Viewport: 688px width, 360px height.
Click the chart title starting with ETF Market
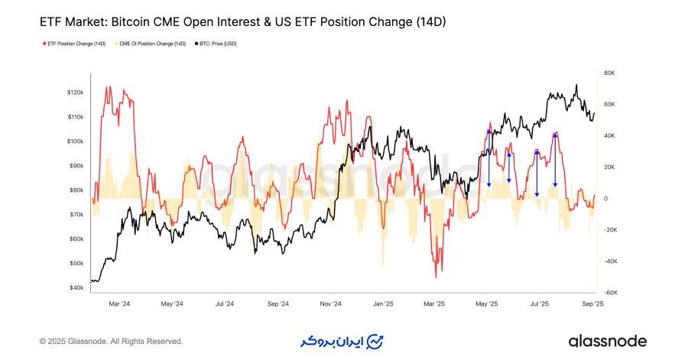[x=242, y=23]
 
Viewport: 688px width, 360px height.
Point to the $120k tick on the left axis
[x=75, y=92]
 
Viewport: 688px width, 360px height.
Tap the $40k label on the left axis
[x=76, y=288]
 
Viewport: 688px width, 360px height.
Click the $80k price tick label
[x=76, y=190]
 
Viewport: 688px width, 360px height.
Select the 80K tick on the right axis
[x=608, y=73]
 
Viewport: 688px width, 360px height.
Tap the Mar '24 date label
[x=119, y=303]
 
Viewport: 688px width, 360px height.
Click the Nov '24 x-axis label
[x=329, y=303]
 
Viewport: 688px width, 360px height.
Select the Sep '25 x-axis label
[x=592, y=303]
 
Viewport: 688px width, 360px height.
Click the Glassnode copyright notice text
[x=111, y=341]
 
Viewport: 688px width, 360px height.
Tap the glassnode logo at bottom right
[x=607, y=341]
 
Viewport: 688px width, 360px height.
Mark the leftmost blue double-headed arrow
[x=489, y=158]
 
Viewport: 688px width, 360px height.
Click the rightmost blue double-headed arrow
[x=555, y=160]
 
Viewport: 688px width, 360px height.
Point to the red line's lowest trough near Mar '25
[x=436, y=277]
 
